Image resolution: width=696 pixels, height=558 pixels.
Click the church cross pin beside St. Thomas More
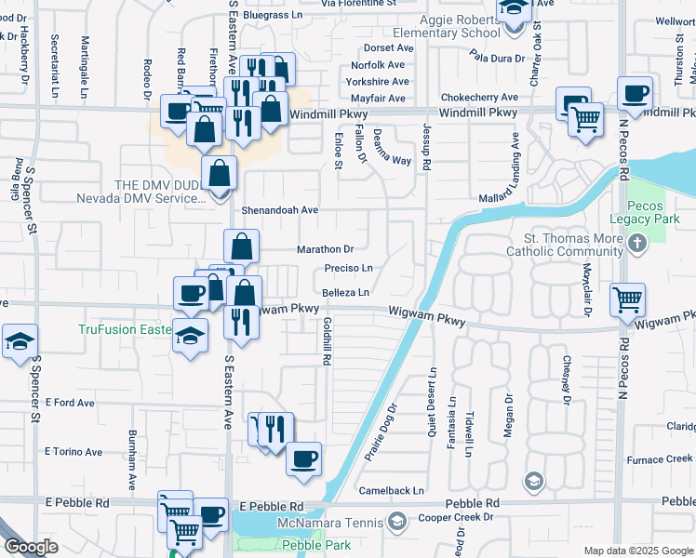[x=637, y=245]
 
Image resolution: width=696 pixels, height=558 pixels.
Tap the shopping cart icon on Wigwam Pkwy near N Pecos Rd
[x=628, y=300]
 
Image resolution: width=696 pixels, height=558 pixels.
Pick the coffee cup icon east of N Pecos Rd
[x=635, y=94]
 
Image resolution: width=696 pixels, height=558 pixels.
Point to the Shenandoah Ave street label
[x=280, y=210]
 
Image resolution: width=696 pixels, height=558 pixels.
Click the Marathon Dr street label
[x=325, y=249]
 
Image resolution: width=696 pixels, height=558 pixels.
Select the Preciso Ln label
[x=348, y=269]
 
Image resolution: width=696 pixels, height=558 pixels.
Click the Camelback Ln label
[x=392, y=490]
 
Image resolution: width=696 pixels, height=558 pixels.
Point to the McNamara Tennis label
[x=345, y=523]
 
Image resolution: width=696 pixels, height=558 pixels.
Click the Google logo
[x=31, y=547]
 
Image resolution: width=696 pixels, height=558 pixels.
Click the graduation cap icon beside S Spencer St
[x=20, y=341]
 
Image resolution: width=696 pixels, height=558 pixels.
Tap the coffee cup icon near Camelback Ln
[x=303, y=459]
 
